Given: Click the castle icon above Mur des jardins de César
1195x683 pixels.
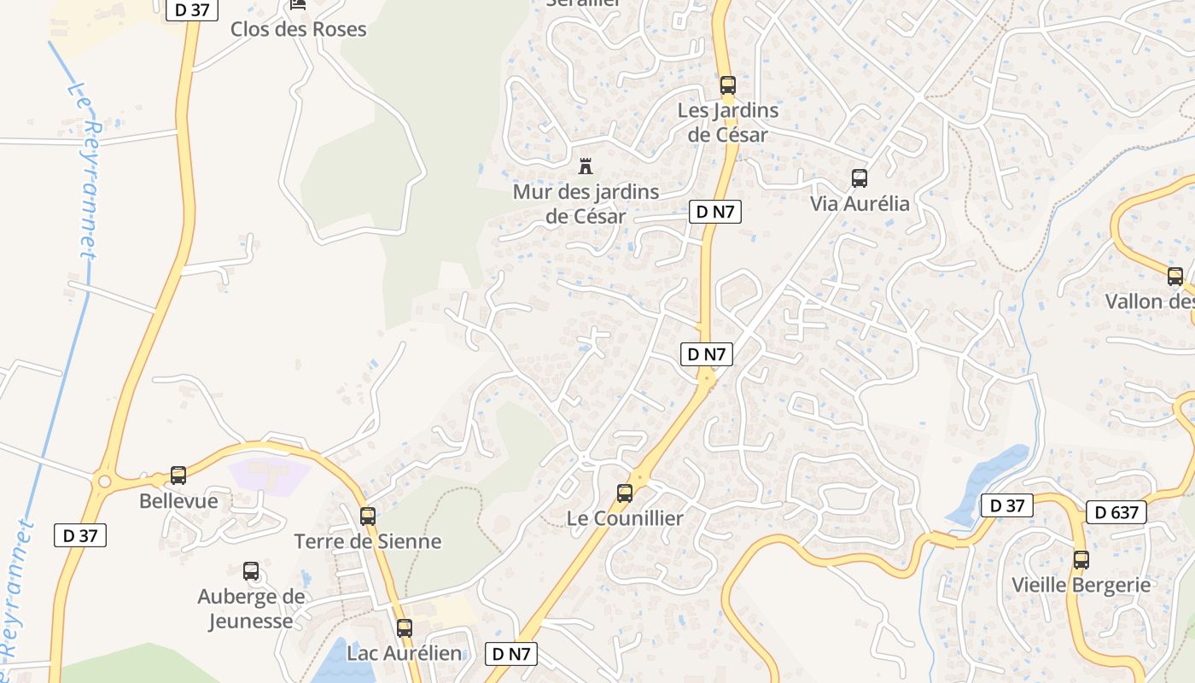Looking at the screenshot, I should coord(586,166).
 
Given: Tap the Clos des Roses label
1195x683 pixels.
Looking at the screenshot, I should coord(298,29).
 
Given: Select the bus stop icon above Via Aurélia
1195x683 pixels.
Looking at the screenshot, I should coord(860,178).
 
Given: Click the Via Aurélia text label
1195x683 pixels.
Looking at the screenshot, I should coord(860,204).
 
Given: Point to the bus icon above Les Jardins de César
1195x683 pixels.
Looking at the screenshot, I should coord(728,85).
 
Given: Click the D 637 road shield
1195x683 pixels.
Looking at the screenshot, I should coord(1116,512).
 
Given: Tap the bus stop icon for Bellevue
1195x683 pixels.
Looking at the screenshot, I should coord(178,476).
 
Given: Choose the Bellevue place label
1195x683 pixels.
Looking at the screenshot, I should coord(178,501).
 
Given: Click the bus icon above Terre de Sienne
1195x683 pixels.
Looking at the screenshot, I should coord(368,516).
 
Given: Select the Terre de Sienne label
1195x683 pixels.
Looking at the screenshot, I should coord(368,541).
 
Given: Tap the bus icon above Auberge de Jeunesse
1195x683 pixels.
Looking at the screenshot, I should coord(251,571).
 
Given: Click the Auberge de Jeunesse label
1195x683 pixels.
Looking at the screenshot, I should coord(251,609).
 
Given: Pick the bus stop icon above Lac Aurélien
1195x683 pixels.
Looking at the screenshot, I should coord(405,628).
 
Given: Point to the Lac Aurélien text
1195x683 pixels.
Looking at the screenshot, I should coord(405,654).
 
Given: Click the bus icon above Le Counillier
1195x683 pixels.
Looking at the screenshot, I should coord(625,493).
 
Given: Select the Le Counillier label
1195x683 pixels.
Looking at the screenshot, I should coord(625,518).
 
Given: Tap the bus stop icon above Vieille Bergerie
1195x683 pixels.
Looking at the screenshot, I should coord(1081,560).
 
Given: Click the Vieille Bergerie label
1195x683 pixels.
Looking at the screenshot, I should coord(1081,586).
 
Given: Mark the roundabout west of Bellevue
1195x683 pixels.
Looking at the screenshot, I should coord(105,482).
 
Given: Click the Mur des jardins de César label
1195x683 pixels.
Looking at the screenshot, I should coord(586,204).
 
